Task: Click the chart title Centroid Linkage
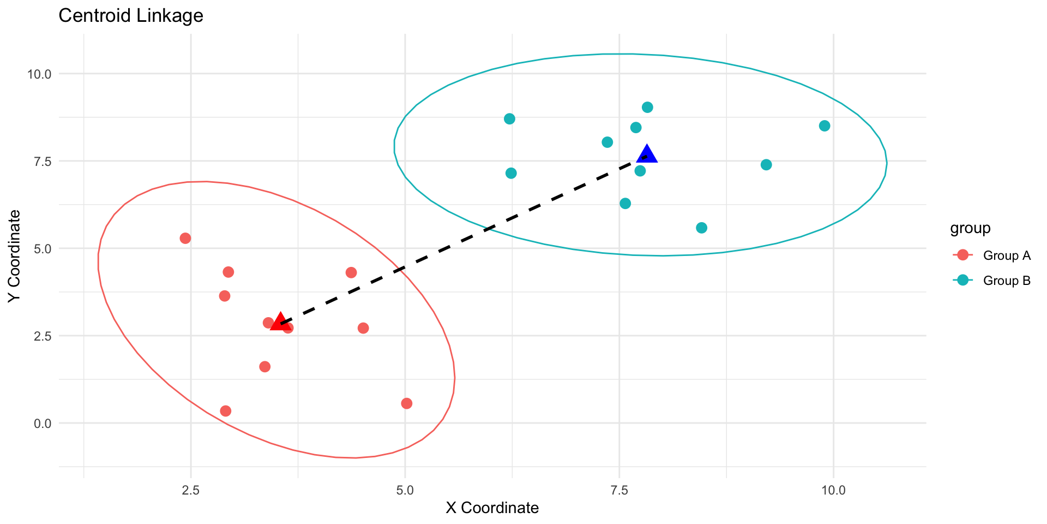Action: point(131,16)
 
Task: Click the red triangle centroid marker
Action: point(280,321)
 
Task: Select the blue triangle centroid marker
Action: point(647,154)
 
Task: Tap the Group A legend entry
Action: point(1006,255)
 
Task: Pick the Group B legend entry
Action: point(1006,281)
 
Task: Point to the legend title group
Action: point(970,228)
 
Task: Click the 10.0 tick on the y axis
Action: point(39,74)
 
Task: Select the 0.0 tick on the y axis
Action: point(42,423)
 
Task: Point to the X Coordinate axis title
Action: point(492,508)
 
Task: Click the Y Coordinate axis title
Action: point(14,255)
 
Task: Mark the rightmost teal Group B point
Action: point(825,126)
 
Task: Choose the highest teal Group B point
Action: point(647,107)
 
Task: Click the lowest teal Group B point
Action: point(702,228)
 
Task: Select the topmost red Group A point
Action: point(185,239)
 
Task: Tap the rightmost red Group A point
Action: point(406,403)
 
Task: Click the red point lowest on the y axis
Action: point(226,411)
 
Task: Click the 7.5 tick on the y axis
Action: point(42,161)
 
